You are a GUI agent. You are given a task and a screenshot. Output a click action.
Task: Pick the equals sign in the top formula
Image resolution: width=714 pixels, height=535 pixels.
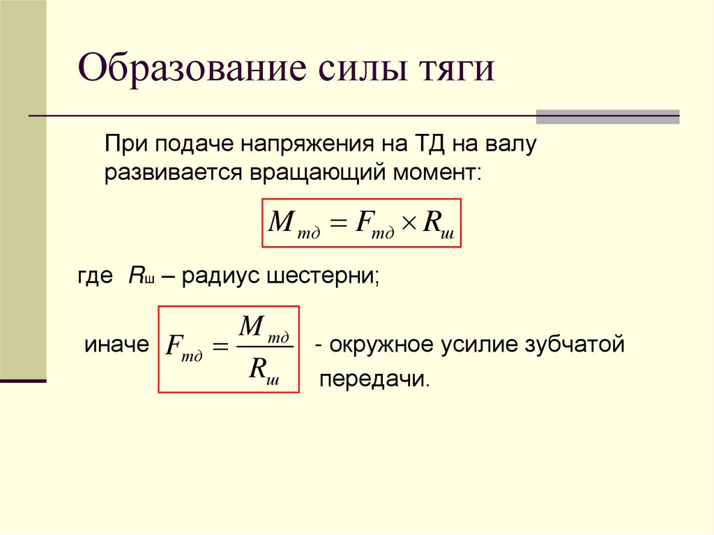[x=339, y=223]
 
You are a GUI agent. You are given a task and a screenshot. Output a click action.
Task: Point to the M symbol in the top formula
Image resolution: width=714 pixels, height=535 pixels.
[x=282, y=222]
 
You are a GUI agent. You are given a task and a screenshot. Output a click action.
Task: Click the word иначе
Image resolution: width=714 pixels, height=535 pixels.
[x=116, y=345]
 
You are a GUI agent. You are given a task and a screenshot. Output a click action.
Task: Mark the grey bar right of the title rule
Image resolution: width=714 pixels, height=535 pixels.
[x=607, y=116]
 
